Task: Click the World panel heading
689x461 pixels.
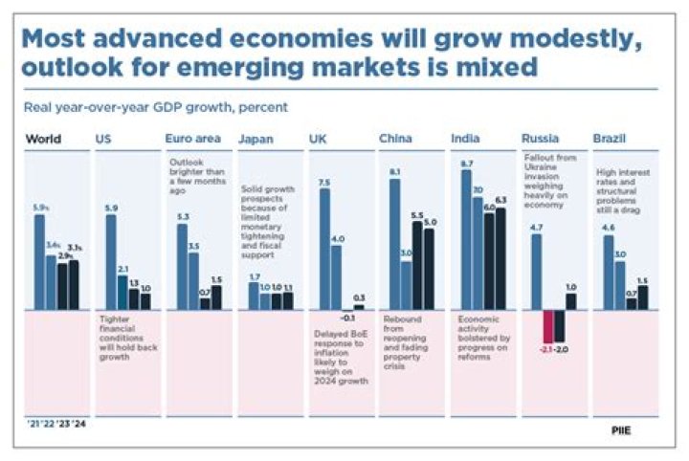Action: click(x=43, y=139)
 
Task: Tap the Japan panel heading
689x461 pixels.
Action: click(x=256, y=139)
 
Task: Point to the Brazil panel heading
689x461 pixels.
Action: click(x=611, y=139)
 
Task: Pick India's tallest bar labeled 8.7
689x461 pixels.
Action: click(x=466, y=240)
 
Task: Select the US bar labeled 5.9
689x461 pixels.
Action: click(x=110, y=262)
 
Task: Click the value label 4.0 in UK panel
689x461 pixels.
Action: click(x=337, y=239)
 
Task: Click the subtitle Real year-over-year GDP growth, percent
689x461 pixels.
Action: click(x=157, y=107)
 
